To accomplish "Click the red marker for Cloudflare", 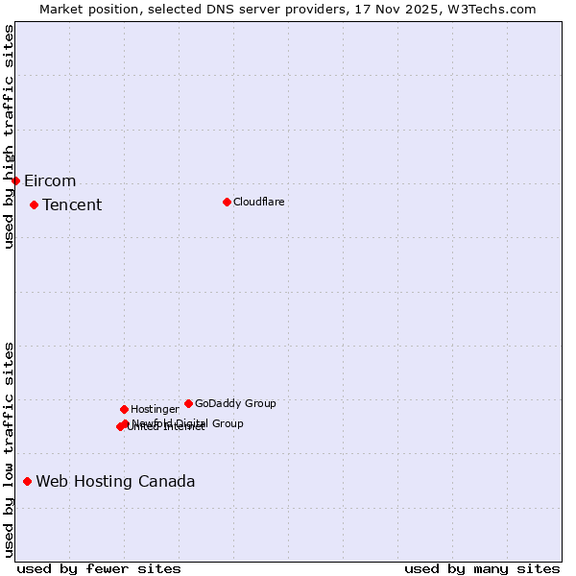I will tap(227, 202).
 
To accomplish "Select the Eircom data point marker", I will tap(15, 180).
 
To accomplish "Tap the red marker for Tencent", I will tap(34, 204).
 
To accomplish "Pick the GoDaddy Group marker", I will tap(188, 403).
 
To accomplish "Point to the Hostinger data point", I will tap(124, 409).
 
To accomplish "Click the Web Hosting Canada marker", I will tap(27, 481).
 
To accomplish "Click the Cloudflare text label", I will tap(258, 202).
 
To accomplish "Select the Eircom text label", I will tap(50, 181).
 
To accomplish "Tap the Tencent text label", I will tap(72, 205).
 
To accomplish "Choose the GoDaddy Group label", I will tap(235, 403).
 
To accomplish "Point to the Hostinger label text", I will tap(155, 409).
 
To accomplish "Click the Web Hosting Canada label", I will tap(115, 482).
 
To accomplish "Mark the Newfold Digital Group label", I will tap(189, 423).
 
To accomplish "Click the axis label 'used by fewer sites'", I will tap(99, 568).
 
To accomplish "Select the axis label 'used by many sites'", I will tap(482, 568).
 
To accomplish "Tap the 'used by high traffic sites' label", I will tap(9, 136).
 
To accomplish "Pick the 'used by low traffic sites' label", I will tap(9, 448).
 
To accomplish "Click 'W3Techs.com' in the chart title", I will tap(495, 9).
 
